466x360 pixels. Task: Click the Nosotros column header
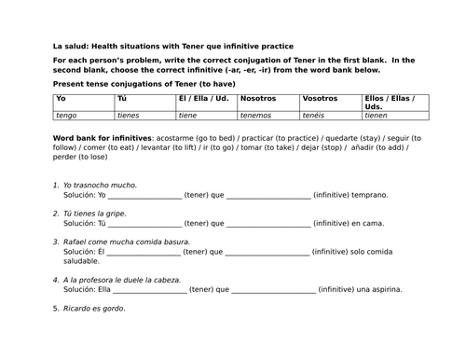coord(257,98)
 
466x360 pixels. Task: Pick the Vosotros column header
coord(320,98)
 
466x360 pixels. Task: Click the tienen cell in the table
coord(377,116)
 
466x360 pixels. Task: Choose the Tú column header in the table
coord(122,98)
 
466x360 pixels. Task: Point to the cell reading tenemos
coord(257,116)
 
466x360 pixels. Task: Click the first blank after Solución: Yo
coord(144,197)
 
